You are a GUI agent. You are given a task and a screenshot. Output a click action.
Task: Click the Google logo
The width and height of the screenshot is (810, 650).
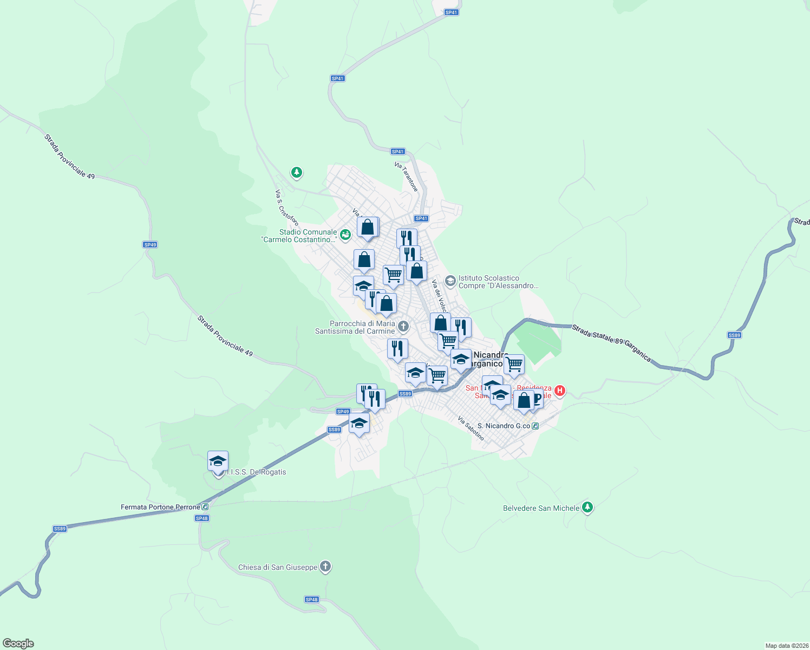point(18,643)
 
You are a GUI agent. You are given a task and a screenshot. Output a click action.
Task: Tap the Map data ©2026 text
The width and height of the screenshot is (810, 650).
point(786,646)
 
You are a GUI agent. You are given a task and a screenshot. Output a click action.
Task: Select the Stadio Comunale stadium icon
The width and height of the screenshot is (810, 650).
point(345,235)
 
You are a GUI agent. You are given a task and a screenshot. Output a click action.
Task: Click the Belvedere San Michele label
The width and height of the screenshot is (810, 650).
point(541,508)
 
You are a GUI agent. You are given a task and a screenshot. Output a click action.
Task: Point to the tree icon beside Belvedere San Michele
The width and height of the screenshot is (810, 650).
point(587,508)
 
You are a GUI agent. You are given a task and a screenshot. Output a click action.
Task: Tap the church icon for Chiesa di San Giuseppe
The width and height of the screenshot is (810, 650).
point(325,567)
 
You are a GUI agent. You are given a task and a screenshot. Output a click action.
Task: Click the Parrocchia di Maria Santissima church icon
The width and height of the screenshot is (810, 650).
point(403,326)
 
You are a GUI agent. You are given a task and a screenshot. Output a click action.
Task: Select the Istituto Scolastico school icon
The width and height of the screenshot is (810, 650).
point(450,281)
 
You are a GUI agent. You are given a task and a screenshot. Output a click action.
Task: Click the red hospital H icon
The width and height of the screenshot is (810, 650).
point(560,390)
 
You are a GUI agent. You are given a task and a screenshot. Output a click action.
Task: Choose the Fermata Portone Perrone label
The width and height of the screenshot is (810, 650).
point(160,507)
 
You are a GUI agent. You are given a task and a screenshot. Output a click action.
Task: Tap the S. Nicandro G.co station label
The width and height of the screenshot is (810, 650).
point(504,426)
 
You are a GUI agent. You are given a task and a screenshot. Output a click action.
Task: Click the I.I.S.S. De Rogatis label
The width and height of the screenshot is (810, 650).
point(257,472)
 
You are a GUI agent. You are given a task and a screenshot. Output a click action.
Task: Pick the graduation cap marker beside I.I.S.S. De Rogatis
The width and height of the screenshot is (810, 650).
point(218,462)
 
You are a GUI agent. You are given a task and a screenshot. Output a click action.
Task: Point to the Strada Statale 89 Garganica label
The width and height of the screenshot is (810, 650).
point(611,342)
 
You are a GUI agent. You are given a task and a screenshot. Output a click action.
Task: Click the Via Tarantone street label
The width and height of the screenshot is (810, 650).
point(406,177)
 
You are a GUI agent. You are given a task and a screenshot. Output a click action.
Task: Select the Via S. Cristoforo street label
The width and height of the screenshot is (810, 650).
point(286,207)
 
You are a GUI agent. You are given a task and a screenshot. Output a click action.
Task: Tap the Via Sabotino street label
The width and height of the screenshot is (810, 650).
point(471,428)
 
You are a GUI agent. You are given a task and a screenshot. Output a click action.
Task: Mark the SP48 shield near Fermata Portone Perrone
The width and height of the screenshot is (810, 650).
point(201,518)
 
